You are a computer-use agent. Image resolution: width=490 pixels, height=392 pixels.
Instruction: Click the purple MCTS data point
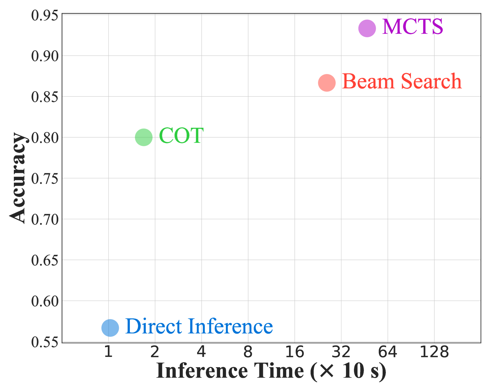(367, 29)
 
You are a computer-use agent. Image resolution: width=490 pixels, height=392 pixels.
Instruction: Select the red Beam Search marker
(327, 83)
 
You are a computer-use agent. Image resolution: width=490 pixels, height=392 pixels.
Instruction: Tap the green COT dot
(144, 137)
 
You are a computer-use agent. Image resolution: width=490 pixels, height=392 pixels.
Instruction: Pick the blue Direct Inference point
(110, 328)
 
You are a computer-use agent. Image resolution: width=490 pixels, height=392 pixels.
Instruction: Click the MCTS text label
(412, 27)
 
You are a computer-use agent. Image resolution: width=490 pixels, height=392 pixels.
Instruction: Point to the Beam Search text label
(401, 81)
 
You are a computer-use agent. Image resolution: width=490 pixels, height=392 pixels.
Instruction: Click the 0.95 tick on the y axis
(45, 15)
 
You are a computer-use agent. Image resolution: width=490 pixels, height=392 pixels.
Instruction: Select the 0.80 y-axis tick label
(45, 138)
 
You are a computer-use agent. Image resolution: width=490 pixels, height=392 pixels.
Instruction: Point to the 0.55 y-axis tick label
(45, 342)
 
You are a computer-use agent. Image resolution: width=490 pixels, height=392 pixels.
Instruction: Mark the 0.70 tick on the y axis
(45, 219)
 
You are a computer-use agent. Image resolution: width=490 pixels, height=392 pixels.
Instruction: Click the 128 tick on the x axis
(434, 352)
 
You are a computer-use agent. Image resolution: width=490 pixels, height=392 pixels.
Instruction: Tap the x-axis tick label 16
(294, 352)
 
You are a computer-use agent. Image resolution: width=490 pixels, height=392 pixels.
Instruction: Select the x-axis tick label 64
(387, 352)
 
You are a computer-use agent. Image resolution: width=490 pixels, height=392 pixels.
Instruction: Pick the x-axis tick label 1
(108, 352)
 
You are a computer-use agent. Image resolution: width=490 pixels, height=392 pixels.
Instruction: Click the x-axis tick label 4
(201, 352)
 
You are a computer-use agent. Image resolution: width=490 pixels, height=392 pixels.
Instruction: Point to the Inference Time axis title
(271, 371)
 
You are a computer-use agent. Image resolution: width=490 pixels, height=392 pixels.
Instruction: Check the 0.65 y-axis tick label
(45, 260)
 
